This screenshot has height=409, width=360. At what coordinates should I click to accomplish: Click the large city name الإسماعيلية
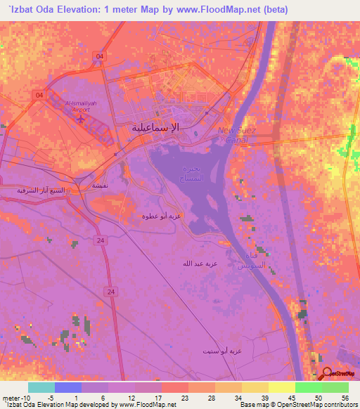click(155, 128)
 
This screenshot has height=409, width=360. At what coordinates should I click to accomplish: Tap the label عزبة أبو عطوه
click(162, 216)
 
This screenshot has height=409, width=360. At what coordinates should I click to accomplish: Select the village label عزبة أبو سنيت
click(221, 350)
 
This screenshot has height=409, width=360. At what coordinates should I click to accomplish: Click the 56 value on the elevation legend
click(345, 397)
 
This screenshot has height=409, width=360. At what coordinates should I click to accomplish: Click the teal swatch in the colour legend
click(41, 387)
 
